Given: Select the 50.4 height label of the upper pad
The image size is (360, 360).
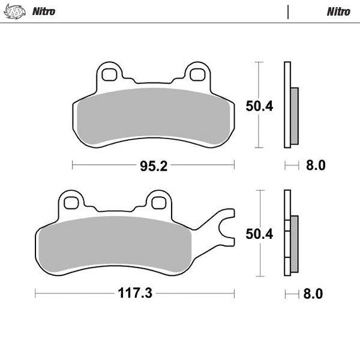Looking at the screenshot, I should [259, 106].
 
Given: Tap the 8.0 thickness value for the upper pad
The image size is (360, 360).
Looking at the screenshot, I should [316, 165].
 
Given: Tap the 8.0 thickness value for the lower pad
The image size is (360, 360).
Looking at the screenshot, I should [314, 293].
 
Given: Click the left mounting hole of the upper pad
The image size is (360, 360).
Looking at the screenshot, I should [109, 74].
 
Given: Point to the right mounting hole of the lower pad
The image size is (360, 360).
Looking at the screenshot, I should [159, 203].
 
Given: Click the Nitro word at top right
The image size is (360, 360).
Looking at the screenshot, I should [338, 11].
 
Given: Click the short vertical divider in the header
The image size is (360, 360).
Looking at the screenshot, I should [289, 11].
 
